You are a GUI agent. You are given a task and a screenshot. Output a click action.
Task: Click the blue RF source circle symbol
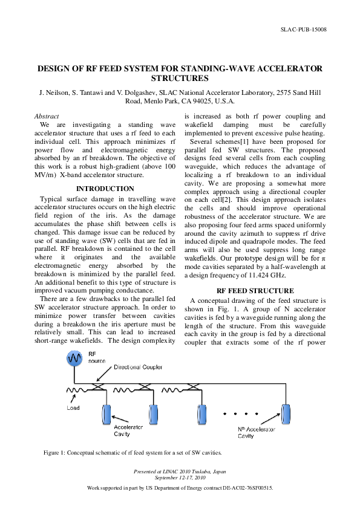click(74, 358)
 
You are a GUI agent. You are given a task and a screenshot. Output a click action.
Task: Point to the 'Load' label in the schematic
click(73, 407)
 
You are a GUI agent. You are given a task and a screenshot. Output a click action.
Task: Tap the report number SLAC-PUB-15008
click(304, 30)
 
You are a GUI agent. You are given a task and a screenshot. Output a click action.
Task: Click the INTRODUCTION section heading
click(105, 189)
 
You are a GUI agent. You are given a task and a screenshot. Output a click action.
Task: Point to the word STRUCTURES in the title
click(180, 79)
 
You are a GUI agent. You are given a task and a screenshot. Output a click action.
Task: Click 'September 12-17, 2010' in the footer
click(180, 477)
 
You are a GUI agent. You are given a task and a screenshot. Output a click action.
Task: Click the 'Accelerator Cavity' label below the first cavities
click(129, 430)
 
